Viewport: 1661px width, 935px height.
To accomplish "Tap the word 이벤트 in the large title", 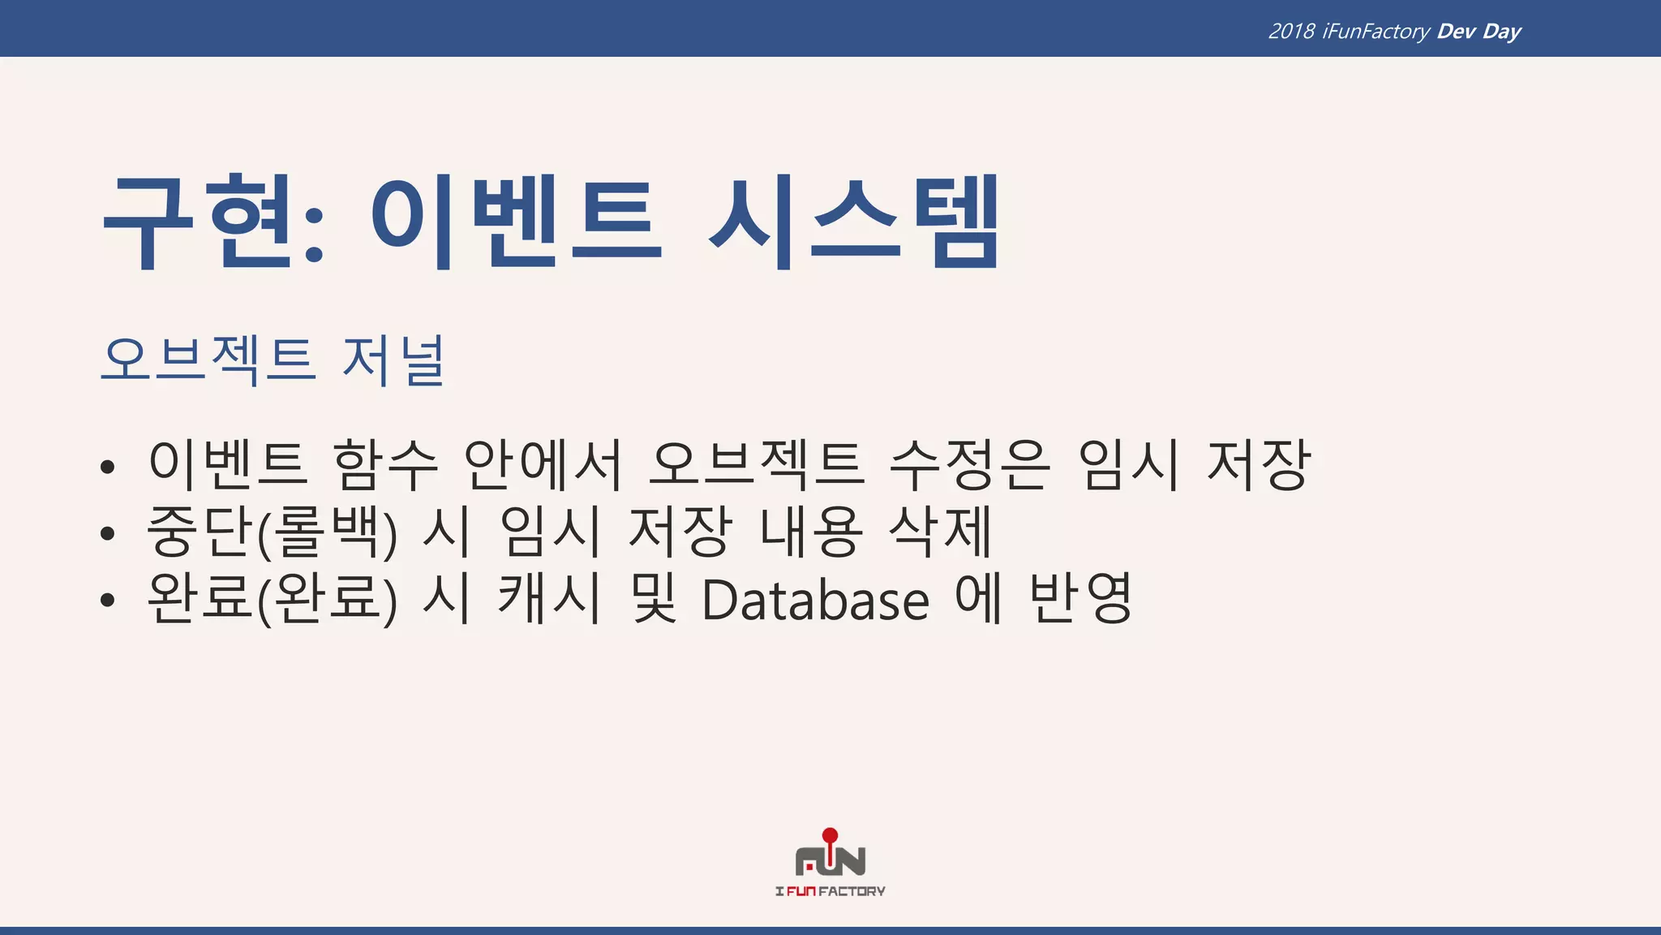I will (517, 221).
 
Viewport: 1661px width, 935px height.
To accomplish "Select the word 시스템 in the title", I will (854, 221).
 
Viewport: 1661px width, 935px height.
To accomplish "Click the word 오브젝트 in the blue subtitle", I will (208, 360).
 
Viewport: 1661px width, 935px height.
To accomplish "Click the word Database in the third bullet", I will (815, 601).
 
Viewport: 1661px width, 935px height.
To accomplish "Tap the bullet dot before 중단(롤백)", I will (108, 533).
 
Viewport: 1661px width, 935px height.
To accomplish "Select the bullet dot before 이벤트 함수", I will (108, 467).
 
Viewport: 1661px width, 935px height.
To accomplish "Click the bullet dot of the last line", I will (108, 601).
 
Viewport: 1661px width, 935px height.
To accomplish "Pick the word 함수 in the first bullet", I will (385, 465).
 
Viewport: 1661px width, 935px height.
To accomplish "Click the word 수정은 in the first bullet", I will (970, 465).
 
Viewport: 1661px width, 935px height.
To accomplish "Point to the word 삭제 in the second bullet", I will (941, 532).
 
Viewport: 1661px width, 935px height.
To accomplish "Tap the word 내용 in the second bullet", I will (811, 532).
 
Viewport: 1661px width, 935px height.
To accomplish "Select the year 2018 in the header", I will (1291, 32).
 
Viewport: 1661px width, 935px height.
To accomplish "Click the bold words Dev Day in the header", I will (1479, 32).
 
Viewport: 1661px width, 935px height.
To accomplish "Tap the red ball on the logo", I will (830, 835).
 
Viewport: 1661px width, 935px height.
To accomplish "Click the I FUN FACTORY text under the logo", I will (830, 891).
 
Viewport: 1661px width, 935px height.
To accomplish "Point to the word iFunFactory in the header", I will (1376, 32).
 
